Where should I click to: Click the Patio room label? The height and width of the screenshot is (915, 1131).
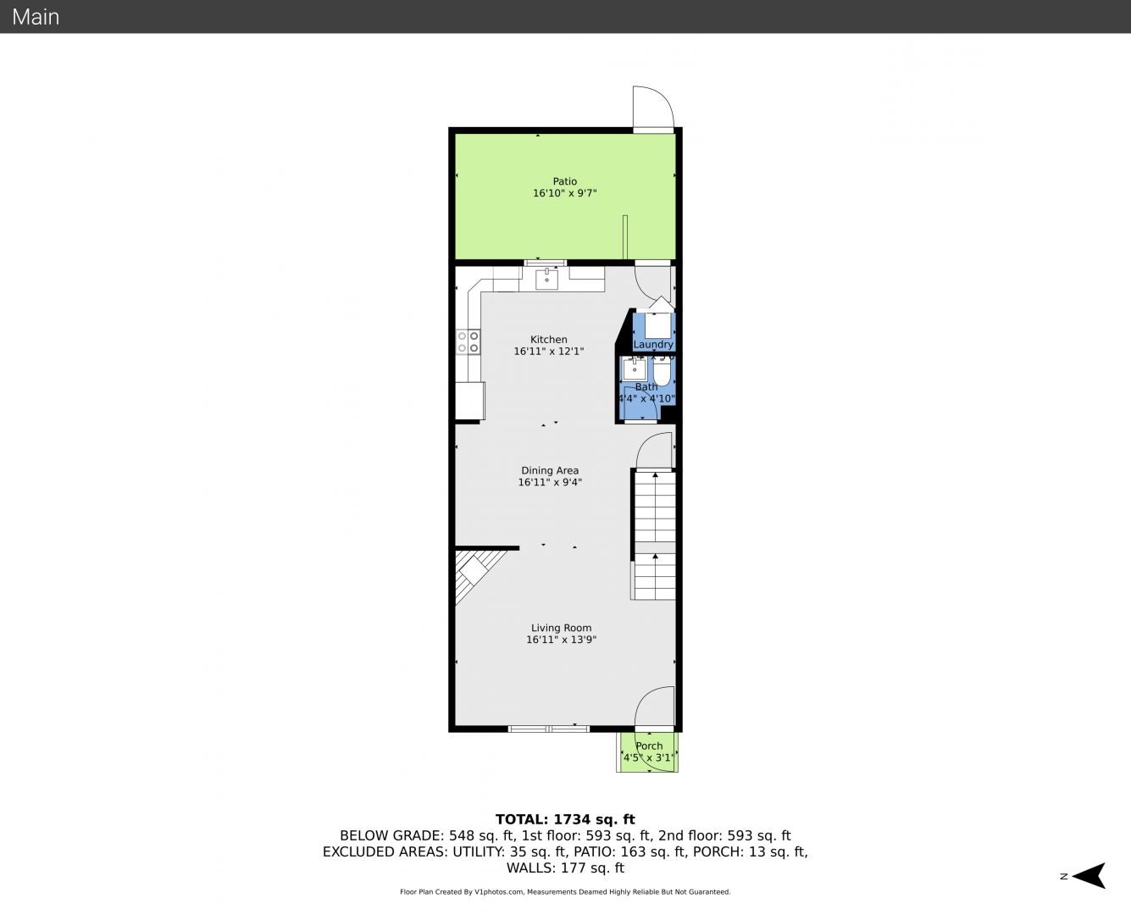[x=564, y=181]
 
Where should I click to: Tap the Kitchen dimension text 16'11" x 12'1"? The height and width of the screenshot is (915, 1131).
[x=548, y=351]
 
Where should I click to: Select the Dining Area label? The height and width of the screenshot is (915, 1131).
[x=550, y=470]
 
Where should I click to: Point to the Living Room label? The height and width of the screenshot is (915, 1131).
[x=561, y=628]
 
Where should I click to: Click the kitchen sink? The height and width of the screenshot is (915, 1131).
[x=546, y=279]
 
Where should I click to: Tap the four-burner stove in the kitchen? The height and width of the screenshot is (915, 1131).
[x=468, y=342]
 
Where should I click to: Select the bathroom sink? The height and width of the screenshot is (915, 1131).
[x=634, y=369]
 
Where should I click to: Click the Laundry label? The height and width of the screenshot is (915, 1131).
[x=653, y=344]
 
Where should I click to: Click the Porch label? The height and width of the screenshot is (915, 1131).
[x=649, y=746]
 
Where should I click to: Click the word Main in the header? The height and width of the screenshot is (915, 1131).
[x=36, y=17]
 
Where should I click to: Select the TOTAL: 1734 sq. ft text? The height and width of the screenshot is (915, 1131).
[x=565, y=819]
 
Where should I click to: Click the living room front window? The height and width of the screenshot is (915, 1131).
[x=548, y=729]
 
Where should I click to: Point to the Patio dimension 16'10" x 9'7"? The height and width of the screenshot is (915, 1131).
[x=564, y=193]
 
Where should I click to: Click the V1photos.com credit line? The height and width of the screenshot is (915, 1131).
[x=565, y=892]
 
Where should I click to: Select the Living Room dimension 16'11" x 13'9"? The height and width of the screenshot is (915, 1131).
[x=561, y=640]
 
